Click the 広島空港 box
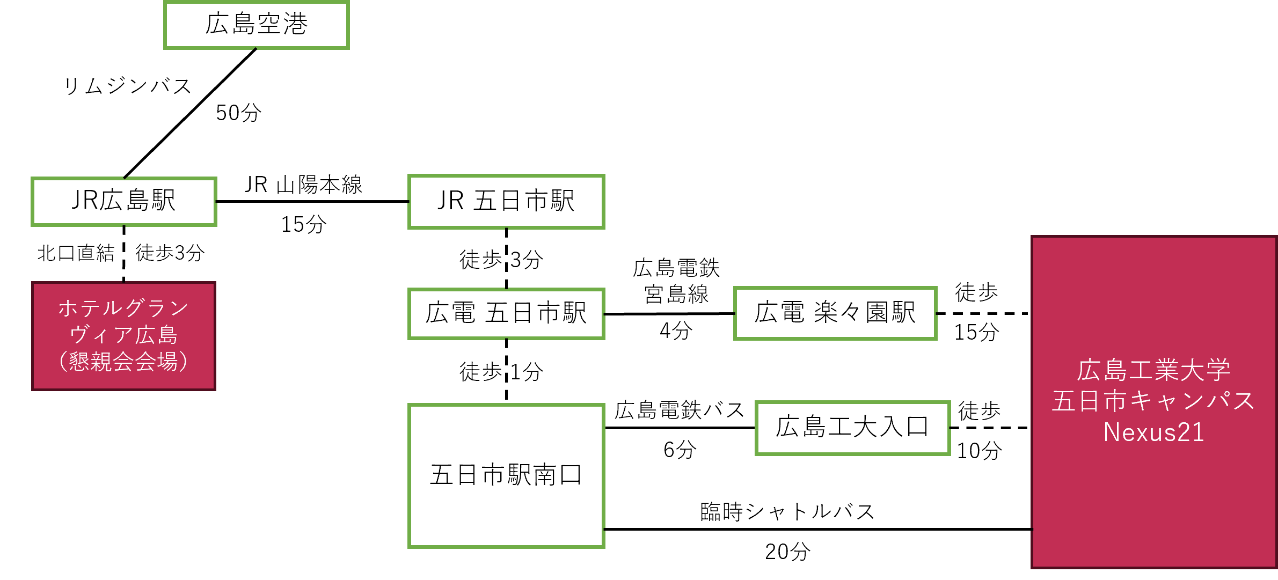point(257,25)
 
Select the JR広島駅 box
point(123,201)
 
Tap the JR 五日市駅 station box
point(506,201)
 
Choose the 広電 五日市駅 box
point(506,313)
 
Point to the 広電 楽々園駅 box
point(835,313)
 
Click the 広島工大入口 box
point(852,428)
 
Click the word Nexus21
point(1153,432)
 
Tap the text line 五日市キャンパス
point(1153,401)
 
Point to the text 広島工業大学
point(1153,370)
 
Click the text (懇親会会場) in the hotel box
point(123,362)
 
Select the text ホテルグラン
point(123,309)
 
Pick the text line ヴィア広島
point(123,335)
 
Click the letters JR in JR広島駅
point(85,200)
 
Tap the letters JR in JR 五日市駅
point(450,201)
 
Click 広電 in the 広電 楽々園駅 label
point(779,312)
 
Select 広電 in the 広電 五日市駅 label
point(450,313)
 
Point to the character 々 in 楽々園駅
point(850,312)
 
